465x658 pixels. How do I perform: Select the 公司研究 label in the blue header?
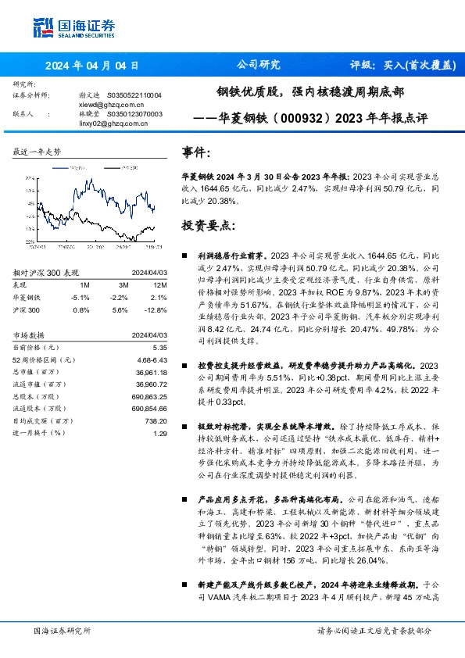pyautogui.click(x=257, y=65)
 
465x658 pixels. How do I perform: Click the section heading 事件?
pyautogui.click(x=196, y=152)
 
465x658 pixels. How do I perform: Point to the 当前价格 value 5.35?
pyautogui.click(x=159, y=346)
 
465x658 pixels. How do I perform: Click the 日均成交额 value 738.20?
pyautogui.click(x=156, y=420)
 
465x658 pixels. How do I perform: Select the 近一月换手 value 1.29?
pyautogui.click(x=159, y=433)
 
